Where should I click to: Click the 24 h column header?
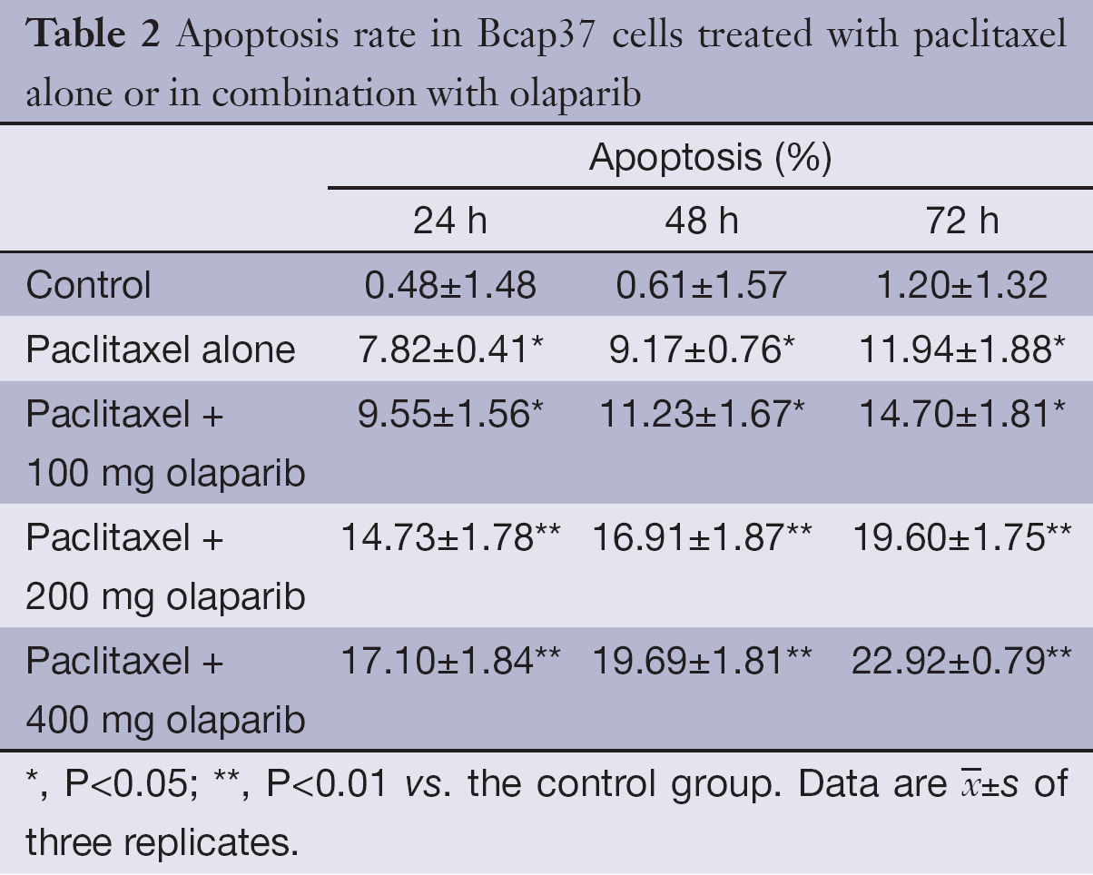click(x=450, y=221)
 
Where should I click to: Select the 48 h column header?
click(x=701, y=221)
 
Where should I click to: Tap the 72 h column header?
click(x=961, y=221)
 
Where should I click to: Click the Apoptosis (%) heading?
click(x=710, y=158)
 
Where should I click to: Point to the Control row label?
click(x=88, y=285)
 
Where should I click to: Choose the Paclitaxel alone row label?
click(x=161, y=349)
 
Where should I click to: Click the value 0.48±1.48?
click(x=450, y=285)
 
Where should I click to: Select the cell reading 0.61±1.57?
click(x=701, y=285)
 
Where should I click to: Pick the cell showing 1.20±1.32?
click(x=961, y=285)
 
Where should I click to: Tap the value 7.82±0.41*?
click(x=454, y=349)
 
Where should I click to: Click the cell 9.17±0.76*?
click(x=704, y=349)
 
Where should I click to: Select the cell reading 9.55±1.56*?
click(x=454, y=414)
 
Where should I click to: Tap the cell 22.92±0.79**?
click(x=961, y=661)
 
